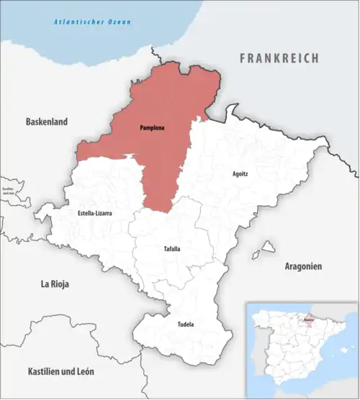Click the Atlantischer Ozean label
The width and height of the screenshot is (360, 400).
(93, 22)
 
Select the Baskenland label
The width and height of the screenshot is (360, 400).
(46, 122)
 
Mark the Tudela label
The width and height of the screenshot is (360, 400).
(185, 324)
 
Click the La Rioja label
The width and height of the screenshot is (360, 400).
(55, 284)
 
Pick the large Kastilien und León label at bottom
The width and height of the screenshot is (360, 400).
(60, 372)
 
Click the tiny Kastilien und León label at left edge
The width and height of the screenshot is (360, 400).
(8, 191)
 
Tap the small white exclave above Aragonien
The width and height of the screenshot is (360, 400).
(269, 247)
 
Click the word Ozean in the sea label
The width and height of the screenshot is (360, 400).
(118, 22)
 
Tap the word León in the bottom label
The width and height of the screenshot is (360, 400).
(84, 372)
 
